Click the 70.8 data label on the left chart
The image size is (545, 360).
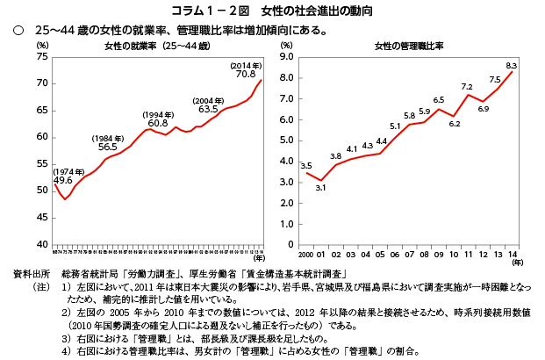coord(246,75)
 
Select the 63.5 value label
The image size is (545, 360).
coord(208,110)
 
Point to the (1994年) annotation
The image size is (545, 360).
coord(158,114)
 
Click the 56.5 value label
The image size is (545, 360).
coord(107,148)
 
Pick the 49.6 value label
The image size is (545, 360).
coord(62,180)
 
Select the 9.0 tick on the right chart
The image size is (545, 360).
coord(287,56)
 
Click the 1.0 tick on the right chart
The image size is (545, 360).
coord(287,223)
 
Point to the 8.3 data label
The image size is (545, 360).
coord(512,66)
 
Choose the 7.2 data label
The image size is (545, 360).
coord(468,85)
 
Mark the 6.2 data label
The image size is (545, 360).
coord(454,124)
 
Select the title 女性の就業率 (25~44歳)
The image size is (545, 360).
coord(157,45)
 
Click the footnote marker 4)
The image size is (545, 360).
coord(66,351)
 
